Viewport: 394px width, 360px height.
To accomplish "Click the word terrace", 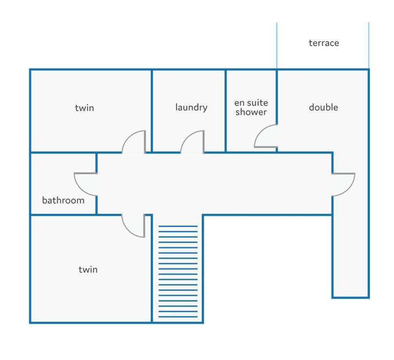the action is (x=324, y=43).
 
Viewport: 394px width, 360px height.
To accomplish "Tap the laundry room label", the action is (x=191, y=107).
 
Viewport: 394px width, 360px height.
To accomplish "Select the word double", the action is (x=324, y=107).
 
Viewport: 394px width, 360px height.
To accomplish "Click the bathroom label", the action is (x=63, y=200).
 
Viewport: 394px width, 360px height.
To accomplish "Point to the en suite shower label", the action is (x=251, y=107).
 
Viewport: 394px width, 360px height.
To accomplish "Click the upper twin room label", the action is (x=85, y=108).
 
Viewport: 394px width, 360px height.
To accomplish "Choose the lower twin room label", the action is (x=88, y=269).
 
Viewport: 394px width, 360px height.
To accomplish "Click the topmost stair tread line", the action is (x=178, y=226).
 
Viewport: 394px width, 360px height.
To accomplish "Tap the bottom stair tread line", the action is (x=178, y=317).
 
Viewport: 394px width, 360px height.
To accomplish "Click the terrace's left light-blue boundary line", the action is (x=277, y=45).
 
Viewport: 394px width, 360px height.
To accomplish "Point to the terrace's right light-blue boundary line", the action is (x=369, y=45).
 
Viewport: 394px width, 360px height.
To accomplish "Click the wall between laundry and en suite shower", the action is (x=225, y=111).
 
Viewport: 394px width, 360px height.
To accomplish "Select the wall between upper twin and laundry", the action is (x=152, y=111).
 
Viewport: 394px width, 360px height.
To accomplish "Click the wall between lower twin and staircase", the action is (x=152, y=268).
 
